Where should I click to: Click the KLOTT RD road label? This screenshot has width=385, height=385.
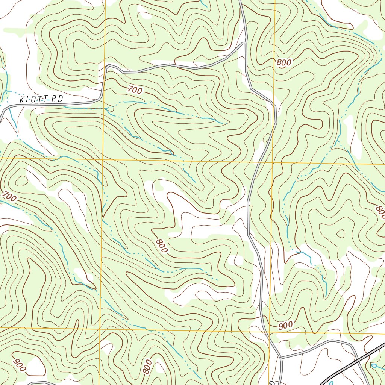point(41,99)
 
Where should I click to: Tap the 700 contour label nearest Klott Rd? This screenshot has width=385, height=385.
point(135,90)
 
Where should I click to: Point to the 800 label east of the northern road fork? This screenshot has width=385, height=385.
point(284,63)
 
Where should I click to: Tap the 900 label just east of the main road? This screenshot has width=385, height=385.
point(285,325)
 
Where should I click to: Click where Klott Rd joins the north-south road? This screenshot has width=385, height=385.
point(245,44)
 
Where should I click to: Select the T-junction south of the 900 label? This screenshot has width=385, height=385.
point(280,357)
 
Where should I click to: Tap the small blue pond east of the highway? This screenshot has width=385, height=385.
point(374,365)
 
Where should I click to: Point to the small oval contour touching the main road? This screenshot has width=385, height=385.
point(267,138)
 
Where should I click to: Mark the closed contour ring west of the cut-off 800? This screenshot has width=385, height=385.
point(340,234)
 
